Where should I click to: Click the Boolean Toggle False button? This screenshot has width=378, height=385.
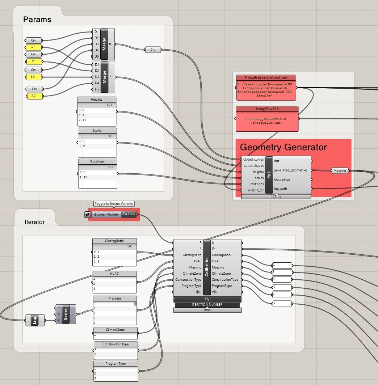[x=129, y=214]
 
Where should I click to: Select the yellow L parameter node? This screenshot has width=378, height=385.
[x=33, y=47]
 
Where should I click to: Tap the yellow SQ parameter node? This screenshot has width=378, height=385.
[x=33, y=77]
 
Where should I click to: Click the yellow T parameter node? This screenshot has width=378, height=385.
[x=33, y=62]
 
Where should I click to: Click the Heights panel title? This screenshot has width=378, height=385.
[x=97, y=100]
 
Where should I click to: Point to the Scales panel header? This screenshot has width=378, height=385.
[x=97, y=131]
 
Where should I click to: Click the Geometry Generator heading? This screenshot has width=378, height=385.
[x=283, y=147]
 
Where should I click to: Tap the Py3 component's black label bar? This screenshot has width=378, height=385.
[x=269, y=175]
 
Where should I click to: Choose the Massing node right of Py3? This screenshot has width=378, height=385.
[x=340, y=170]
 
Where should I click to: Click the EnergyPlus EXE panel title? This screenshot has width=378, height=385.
[x=267, y=109]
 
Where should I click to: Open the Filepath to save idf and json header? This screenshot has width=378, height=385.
[x=266, y=77]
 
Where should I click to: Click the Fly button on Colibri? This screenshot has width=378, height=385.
[x=207, y=299]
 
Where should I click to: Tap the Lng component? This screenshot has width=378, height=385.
[x=35, y=320]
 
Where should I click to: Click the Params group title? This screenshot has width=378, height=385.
[x=37, y=20]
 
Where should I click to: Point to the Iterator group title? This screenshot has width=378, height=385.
[x=35, y=222]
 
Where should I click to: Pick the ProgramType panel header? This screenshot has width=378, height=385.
[x=116, y=364]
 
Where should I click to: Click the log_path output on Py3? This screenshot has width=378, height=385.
[x=281, y=189]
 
